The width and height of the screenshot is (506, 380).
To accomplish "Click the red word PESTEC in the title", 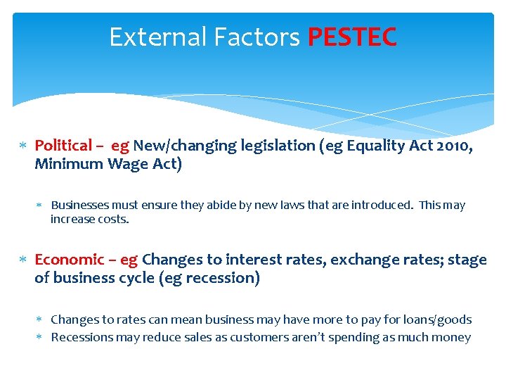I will [352, 37].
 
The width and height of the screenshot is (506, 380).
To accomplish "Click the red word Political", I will [63, 146].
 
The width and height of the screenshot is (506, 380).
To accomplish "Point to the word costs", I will [114, 219].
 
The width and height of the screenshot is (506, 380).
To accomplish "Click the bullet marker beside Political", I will [22, 146].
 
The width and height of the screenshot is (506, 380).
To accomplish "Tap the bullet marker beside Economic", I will [22, 260].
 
